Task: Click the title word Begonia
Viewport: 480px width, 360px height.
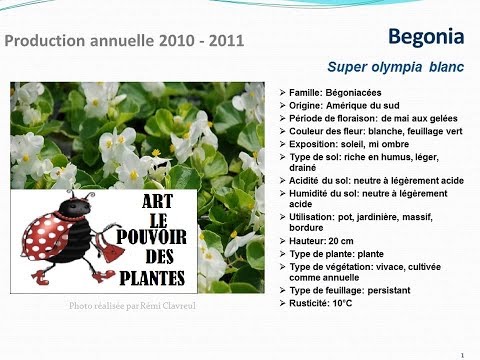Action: [426, 37]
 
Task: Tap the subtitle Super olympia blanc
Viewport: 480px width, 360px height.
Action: [396, 67]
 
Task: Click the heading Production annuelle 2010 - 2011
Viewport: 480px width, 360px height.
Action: [124, 41]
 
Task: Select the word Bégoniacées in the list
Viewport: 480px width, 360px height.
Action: [353, 93]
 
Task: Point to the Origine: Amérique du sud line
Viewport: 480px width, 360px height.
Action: [344, 106]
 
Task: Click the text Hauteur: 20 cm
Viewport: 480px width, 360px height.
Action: [321, 241]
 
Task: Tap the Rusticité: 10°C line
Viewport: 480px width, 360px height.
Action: [320, 303]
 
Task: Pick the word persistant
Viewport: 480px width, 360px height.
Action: [389, 290]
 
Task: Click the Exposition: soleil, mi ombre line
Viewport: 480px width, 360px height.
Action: [349, 144]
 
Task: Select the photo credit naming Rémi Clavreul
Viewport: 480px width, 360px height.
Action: [132, 306]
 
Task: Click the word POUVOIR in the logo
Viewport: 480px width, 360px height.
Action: [151, 237]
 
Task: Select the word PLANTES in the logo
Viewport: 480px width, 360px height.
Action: [152, 278]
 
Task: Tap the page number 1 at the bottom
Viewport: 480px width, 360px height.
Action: [462, 355]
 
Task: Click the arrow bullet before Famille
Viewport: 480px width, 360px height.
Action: [283, 93]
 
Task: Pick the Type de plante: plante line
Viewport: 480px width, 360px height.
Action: [336, 254]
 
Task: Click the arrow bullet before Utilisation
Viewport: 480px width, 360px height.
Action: [283, 217]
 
